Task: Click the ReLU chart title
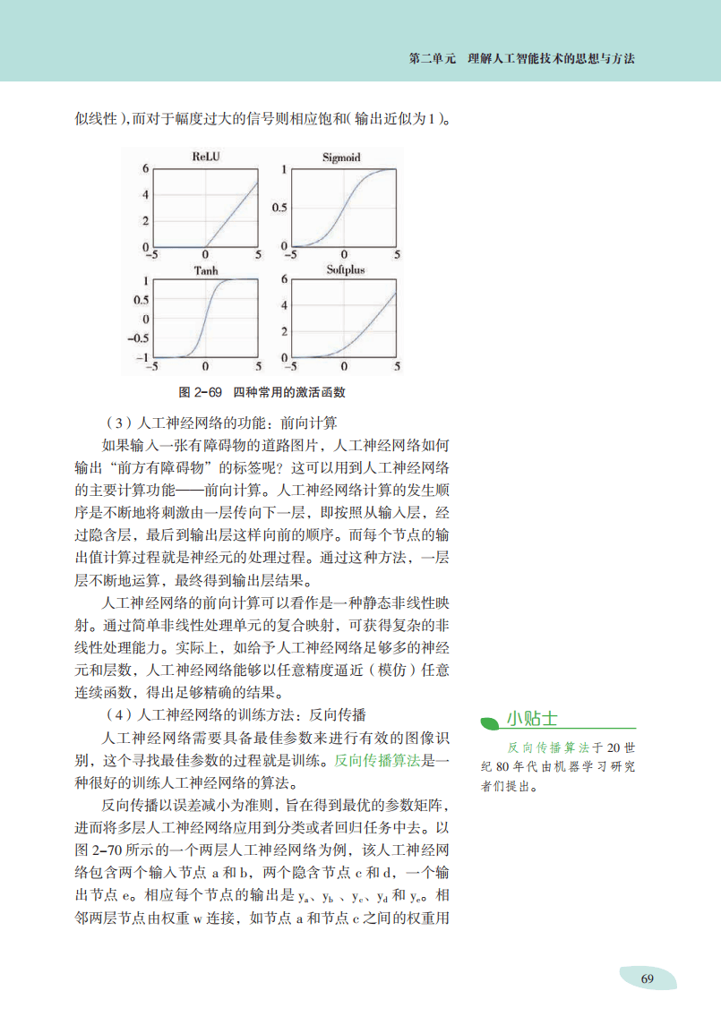[205, 157]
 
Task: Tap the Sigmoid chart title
[341, 158]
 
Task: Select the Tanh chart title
[205, 269]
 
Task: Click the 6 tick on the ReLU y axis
[145, 168]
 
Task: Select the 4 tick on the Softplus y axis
[284, 305]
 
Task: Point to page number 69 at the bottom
[648, 978]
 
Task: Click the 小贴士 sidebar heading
[532, 718]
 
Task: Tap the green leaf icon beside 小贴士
[489, 720]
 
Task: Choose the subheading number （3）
[119, 423]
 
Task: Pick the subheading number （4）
[119, 714]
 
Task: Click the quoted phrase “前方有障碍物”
[160, 467]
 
